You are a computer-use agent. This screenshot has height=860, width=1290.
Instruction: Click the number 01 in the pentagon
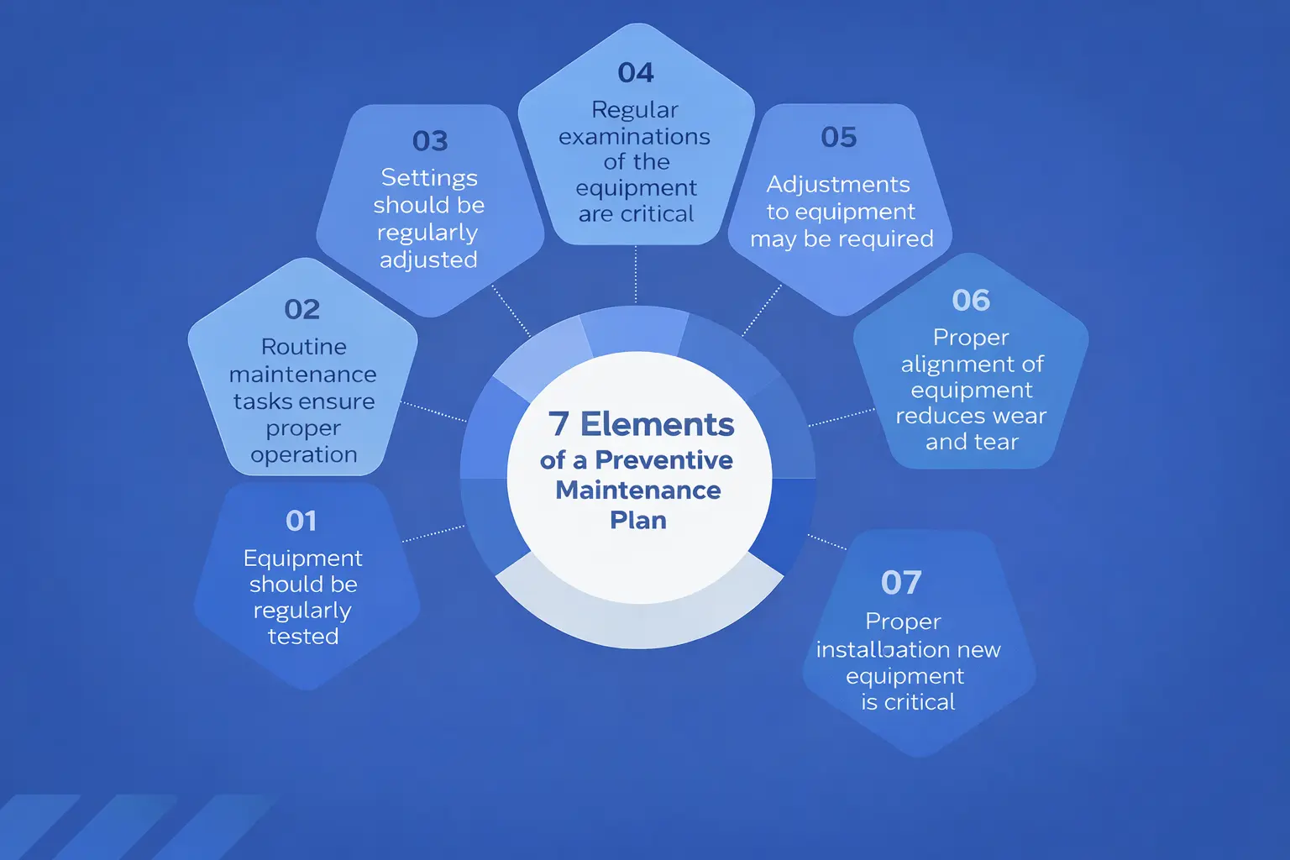tap(301, 521)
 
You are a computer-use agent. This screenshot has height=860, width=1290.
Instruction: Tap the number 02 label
tap(302, 309)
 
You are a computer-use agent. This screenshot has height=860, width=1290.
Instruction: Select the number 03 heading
tap(430, 140)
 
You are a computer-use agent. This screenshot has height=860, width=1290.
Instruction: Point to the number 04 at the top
tap(636, 73)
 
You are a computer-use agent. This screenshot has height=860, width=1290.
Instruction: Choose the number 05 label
tap(839, 137)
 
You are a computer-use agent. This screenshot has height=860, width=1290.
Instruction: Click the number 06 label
tap(971, 300)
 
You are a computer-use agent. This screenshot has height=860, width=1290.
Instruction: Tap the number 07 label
tap(901, 582)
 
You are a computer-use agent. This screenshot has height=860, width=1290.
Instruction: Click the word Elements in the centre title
tap(658, 424)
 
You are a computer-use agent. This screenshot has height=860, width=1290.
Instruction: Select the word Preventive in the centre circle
tap(663, 460)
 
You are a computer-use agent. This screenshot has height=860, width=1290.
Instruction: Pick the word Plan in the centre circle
tap(638, 521)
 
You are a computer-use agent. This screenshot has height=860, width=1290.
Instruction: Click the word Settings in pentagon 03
tap(429, 178)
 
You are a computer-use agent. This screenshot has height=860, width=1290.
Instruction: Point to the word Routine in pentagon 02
tap(304, 347)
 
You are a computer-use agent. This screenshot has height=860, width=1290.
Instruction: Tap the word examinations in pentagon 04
tap(635, 136)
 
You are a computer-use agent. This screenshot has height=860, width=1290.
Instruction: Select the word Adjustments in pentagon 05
tap(838, 185)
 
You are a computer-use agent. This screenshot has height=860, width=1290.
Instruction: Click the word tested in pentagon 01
tap(303, 637)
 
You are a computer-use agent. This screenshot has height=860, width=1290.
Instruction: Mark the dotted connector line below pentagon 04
tap(636, 274)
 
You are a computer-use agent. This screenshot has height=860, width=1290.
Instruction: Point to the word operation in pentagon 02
tap(304, 455)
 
